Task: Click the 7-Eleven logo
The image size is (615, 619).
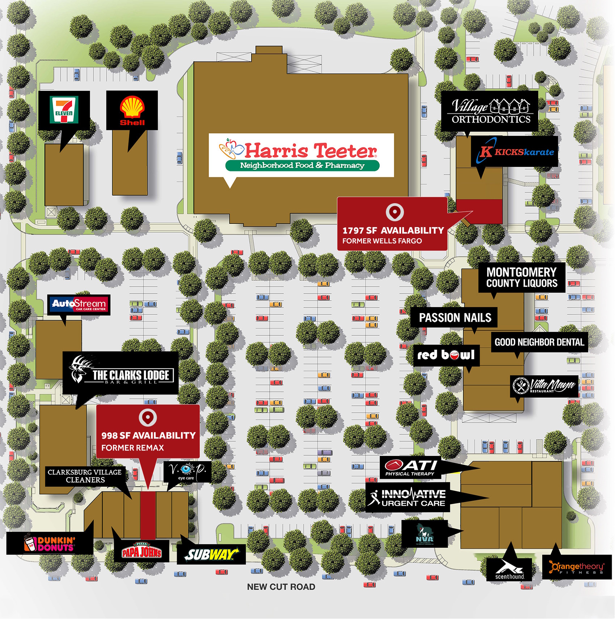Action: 64,110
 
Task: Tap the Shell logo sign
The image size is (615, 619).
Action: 132,110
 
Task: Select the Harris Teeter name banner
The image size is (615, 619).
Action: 301,155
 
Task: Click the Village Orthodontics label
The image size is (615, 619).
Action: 490,111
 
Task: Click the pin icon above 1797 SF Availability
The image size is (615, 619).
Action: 395,212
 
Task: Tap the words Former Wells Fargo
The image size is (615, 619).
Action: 382,241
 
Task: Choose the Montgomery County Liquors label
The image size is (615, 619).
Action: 522,277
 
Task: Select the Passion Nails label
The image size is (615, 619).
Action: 455,318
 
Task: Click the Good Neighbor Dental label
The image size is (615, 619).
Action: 539,342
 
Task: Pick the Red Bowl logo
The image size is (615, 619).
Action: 446,355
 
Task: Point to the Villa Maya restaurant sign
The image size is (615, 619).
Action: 544,386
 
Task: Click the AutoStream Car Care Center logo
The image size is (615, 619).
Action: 79,305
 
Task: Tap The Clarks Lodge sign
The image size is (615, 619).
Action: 121,373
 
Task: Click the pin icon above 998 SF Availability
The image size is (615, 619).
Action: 148,417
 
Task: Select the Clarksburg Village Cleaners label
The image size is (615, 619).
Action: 85,476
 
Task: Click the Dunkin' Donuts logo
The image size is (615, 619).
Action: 50,544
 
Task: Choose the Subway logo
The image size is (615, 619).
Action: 211,554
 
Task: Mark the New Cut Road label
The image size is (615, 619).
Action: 281,587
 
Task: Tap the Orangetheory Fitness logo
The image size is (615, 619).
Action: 577,567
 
